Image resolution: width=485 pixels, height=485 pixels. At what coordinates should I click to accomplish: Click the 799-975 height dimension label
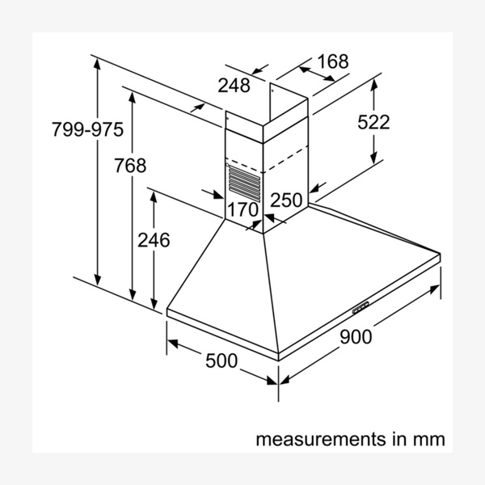(87, 129)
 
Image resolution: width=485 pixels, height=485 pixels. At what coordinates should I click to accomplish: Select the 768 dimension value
(130, 165)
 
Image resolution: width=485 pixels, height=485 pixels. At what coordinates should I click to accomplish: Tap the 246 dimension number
(154, 240)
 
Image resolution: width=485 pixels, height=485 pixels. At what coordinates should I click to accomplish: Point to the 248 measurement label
(234, 85)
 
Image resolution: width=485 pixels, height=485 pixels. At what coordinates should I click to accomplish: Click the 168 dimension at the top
(333, 61)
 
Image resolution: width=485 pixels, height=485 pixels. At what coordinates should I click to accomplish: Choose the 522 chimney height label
(373, 122)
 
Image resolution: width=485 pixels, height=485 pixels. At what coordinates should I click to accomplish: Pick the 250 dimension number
(286, 200)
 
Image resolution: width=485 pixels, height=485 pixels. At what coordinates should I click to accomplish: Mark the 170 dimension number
(242, 209)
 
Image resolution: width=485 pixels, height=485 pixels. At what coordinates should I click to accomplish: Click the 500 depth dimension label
(221, 361)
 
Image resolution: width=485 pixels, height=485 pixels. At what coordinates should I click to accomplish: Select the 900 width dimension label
(356, 337)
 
